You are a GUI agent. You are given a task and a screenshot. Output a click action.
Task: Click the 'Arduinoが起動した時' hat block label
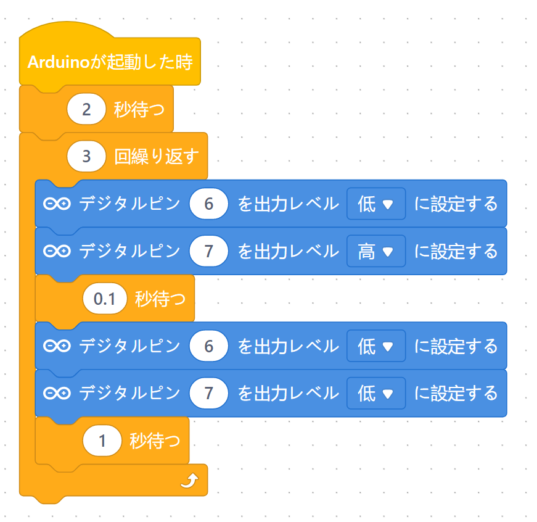(110, 62)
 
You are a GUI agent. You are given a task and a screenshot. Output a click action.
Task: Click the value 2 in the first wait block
(86, 110)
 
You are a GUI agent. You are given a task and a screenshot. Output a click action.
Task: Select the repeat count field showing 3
(86, 157)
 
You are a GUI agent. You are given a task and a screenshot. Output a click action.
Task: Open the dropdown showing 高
(375, 251)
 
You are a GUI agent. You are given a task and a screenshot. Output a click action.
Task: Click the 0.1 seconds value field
(104, 299)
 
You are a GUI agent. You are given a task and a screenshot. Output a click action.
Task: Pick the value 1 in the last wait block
(102, 441)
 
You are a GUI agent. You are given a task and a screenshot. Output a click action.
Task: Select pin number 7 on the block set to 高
(208, 251)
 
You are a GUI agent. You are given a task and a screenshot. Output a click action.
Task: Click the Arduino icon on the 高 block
(57, 251)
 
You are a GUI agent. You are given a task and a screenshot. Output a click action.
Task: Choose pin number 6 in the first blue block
(208, 204)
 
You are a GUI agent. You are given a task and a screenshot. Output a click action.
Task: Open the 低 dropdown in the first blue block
(375, 204)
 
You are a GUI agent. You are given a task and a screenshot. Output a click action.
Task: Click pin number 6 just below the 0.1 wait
(208, 346)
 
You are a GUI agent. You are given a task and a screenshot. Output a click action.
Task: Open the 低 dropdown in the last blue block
(375, 393)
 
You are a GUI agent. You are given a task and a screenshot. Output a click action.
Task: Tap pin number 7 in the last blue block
(208, 393)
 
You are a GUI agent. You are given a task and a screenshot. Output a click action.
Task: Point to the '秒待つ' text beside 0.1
(160, 299)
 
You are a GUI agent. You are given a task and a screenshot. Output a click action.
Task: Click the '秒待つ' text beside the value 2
(139, 110)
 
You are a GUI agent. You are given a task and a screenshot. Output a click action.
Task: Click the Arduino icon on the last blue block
(57, 393)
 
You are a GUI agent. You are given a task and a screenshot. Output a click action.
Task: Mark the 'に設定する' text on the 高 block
(456, 251)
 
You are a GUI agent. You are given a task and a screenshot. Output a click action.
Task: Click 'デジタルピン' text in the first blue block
(129, 204)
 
